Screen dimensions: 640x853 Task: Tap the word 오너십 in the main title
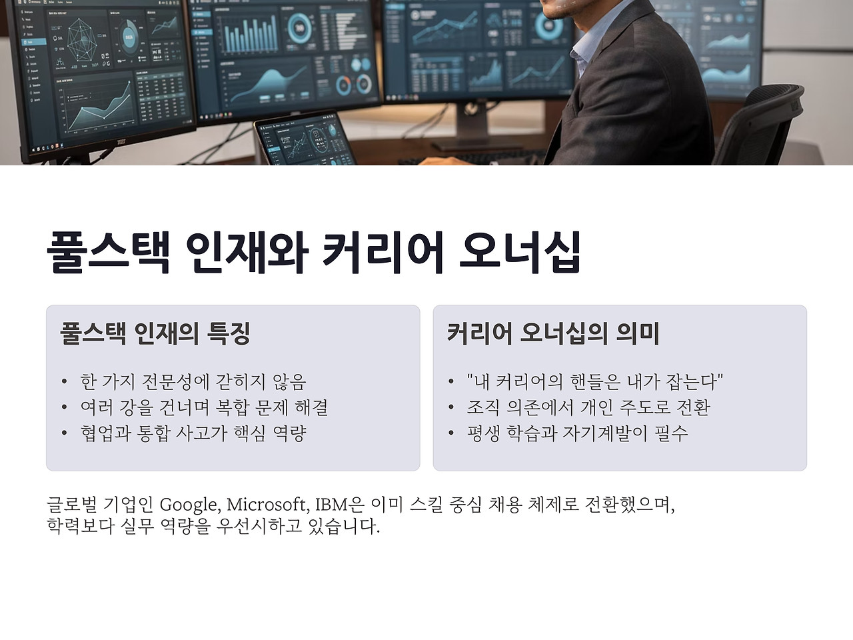[x=520, y=252]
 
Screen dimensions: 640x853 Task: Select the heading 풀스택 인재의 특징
[x=155, y=333]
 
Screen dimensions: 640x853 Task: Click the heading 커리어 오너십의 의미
[x=552, y=333]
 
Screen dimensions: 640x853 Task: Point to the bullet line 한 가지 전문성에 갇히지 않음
[x=193, y=381]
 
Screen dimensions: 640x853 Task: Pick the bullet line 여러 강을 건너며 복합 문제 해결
[x=204, y=407]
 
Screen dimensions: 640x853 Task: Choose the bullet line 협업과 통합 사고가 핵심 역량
[x=193, y=433]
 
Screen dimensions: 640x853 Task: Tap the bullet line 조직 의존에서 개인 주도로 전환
[x=588, y=407]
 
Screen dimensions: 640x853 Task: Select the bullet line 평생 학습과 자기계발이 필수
[x=577, y=433]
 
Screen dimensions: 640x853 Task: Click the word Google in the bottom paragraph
[x=189, y=505]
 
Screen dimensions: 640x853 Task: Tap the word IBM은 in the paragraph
[x=339, y=505]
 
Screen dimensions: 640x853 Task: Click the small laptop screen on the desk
[x=305, y=140]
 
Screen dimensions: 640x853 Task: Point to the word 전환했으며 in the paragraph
[x=630, y=505]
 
